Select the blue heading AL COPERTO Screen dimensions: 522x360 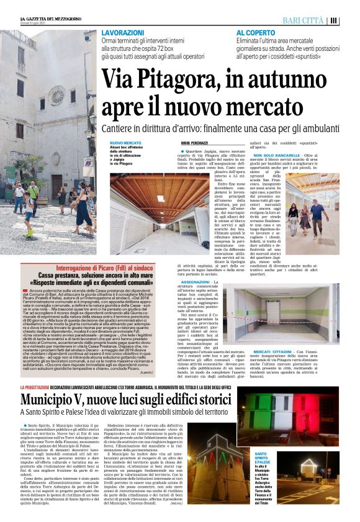255,32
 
